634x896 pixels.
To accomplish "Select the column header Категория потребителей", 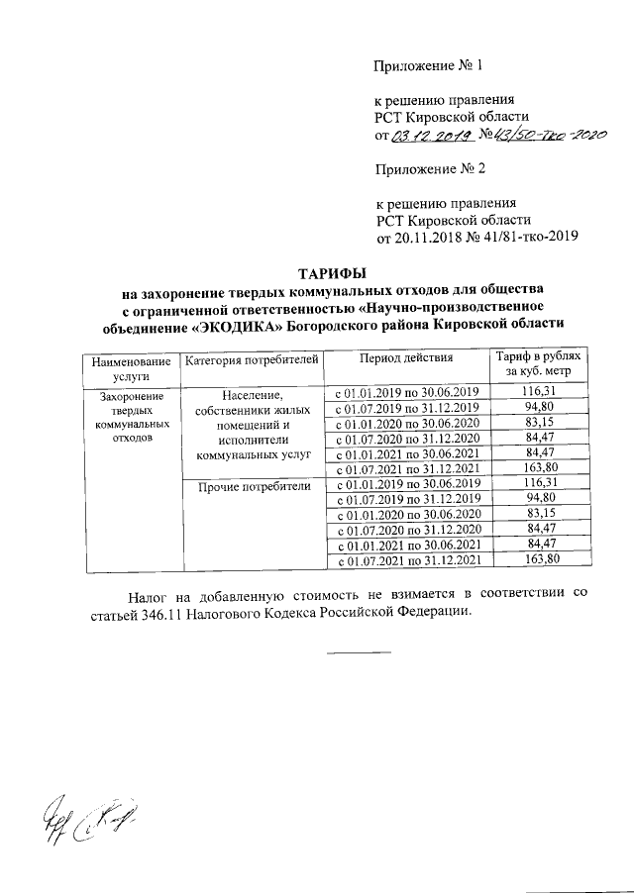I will click(252, 358).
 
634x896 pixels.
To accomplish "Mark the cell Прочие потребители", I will click(254, 486).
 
